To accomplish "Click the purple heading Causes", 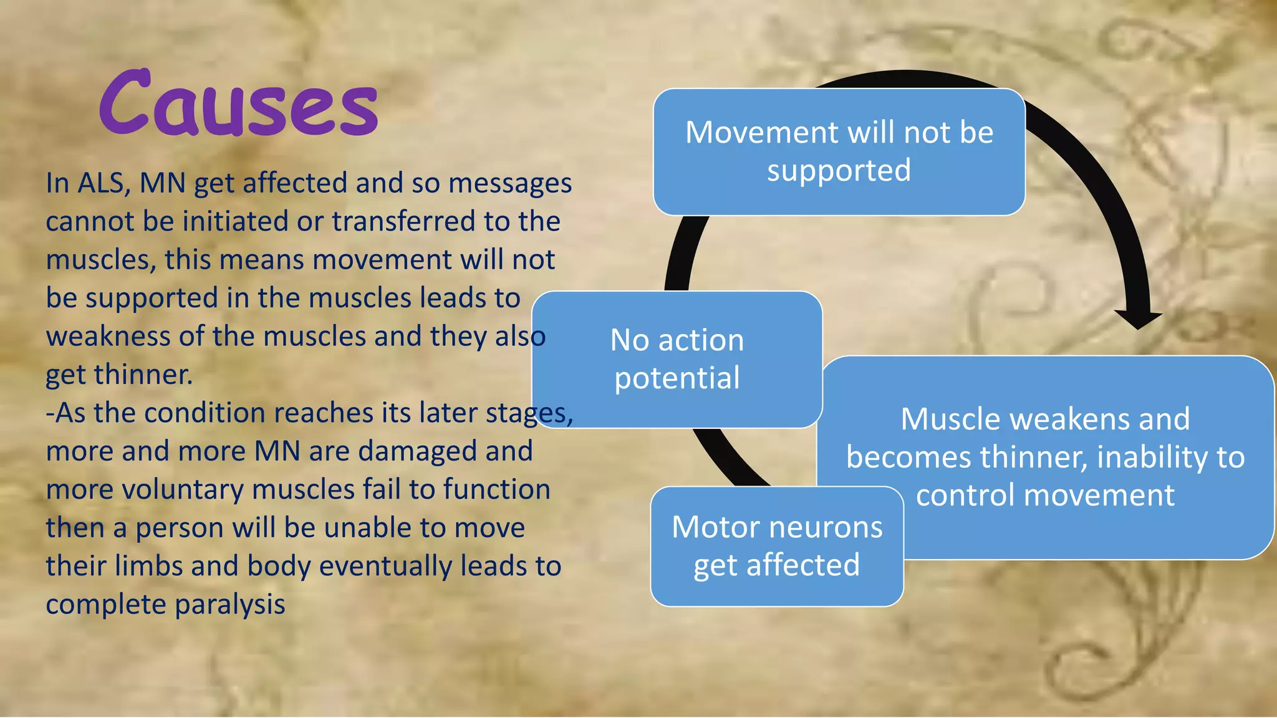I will pos(238,105).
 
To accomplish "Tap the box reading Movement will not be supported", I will pos(839,151).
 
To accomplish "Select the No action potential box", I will pos(677,359).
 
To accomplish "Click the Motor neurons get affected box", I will pos(776,546).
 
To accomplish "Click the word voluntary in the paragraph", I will pos(183,490).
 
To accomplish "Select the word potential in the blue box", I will pos(677,378).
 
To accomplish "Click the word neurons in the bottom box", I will pos(828,527).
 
